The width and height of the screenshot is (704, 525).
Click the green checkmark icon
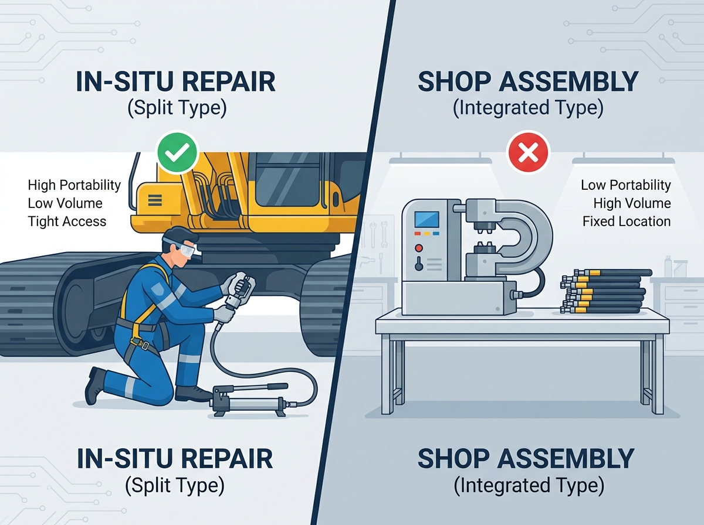point(177,152)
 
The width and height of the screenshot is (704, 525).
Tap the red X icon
point(528,152)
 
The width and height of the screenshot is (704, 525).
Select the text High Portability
point(74,185)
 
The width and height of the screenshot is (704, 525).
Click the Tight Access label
point(67,221)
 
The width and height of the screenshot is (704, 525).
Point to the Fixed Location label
point(627,221)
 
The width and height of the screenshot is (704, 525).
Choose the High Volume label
point(632,203)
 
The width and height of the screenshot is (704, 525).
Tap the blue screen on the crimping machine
point(427,220)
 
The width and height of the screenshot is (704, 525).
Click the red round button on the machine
point(419,248)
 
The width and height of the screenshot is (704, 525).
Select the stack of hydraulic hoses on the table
point(605,291)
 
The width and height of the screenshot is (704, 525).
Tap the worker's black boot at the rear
point(94,386)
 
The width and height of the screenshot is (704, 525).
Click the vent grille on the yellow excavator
point(155,200)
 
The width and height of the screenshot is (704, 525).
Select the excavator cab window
point(289,179)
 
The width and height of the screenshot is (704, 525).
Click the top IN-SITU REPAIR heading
point(175,81)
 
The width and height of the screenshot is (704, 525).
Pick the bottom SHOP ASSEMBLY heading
point(526,458)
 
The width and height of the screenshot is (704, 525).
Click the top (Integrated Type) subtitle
point(528,108)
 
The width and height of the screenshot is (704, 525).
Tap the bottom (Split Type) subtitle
point(174,485)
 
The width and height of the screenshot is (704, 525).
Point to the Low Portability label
point(626,185)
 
